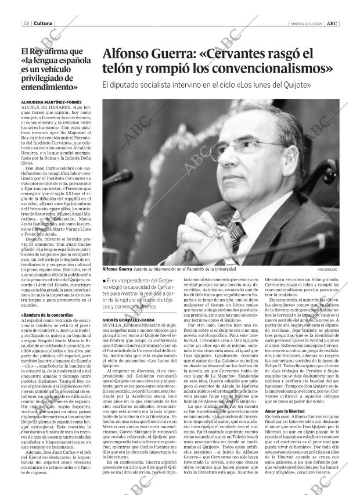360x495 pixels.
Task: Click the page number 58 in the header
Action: pos(27,23)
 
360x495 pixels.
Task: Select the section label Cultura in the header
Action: pos(42,23)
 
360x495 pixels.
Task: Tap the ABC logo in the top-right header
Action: pos(330,23)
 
